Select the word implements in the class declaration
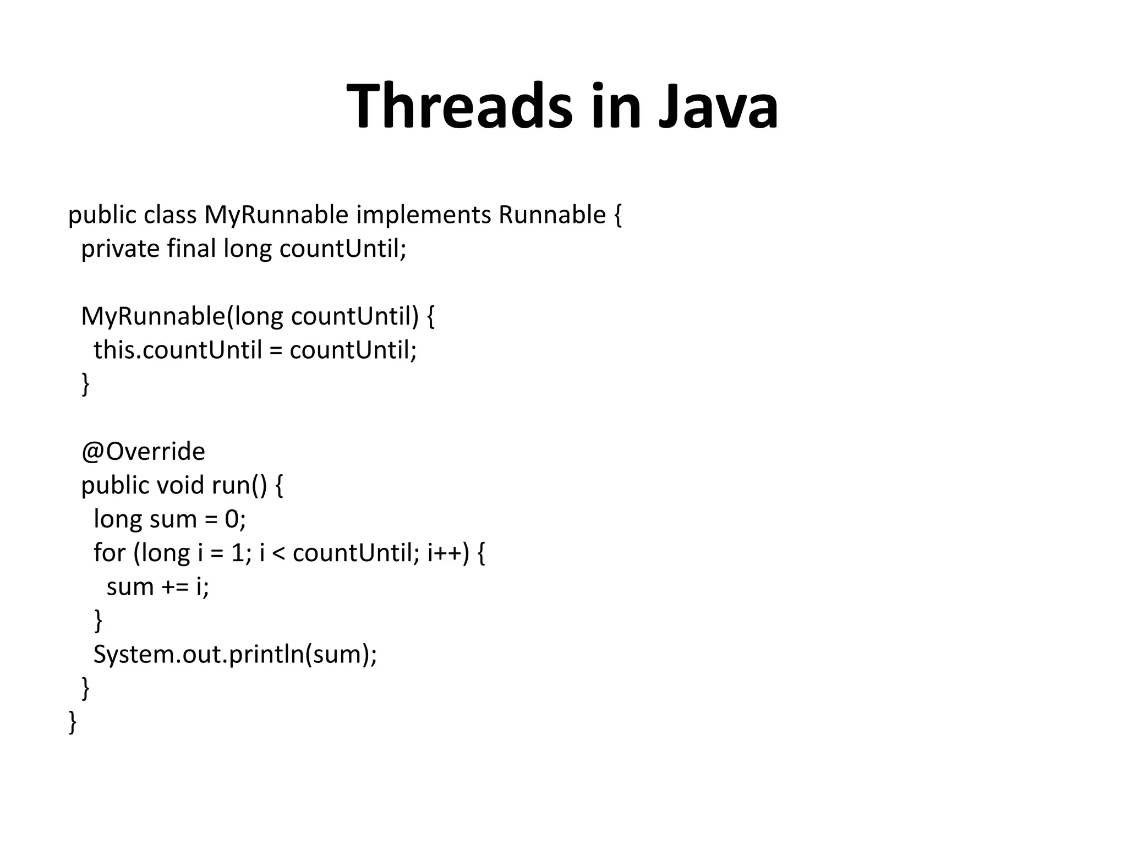[423, 215]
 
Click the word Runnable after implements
[551, 215]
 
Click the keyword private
[120, 249]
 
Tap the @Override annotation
[143, 452]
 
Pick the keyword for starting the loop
[109, 552]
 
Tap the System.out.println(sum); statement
[235, 654]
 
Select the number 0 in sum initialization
[232, 519]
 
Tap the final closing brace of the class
[73, 722]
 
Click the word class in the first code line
[170, 215]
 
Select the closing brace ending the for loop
[99, 621]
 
